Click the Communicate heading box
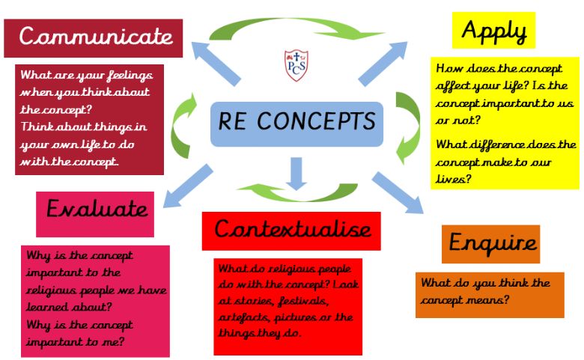(93, 38)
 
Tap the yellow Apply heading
(493, 30)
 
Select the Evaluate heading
(95, 214)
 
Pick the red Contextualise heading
(291, 231)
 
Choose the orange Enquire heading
(491, 244)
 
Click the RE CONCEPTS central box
(296, 124)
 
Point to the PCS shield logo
(296, 65)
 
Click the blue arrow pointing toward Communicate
(216, 64)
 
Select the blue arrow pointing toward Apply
(383, 64)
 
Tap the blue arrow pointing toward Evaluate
(188, 186)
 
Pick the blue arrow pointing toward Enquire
(398, 192)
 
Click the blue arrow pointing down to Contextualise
(296, 174)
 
